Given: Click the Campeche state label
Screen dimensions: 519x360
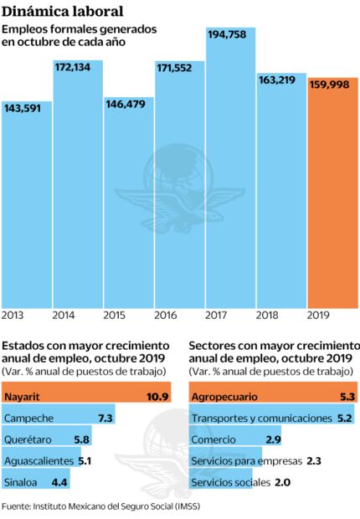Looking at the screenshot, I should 30,418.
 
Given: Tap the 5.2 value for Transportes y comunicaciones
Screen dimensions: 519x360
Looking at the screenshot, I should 344,418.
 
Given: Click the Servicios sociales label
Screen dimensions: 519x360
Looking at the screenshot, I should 230,483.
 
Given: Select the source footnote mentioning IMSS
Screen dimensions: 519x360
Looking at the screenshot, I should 100,506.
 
